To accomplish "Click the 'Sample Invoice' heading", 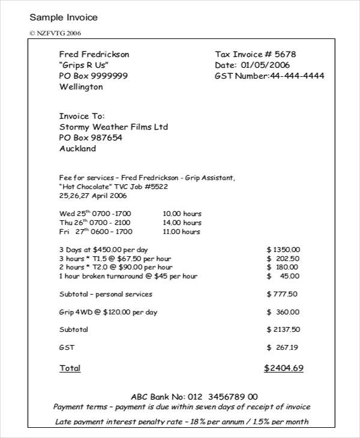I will pyautogui.click(x=64, y=17).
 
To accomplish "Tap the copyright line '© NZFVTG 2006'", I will pyautogui.click(x=55, y=33).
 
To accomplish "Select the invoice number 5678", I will pyautogui.click(x=285, y=54).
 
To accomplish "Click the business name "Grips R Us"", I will pyautogui.click(x=84, y=65).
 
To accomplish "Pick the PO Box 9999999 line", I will pyautogui.click(x=93, y=76).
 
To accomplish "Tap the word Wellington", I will pyautogui.click(x=81, y=86).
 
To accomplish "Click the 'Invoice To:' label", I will pyautogui.click(x=82, y=116).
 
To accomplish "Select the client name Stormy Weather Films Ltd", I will pyautogui.click(x=113, y=127).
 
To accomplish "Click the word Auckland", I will pyautogui.click(x=77, y=148).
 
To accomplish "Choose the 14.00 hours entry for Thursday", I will pyautogui.click(x=182, y=222).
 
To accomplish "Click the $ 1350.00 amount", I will pyautogui.click(x=283, y=249).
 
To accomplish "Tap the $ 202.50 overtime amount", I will pyautogui.click(x=283, y=258).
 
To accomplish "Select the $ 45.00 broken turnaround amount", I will pyautogui.click(x=283, y=276).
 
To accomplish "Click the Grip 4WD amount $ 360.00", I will pyautogui.click(x=283, y=312).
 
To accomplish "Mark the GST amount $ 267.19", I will pyautogui.click(x=283, y=347).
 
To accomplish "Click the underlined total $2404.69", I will pyautogui.click(x=284, y=368).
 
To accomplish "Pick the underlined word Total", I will pyautogui.click(x=70, y=368).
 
